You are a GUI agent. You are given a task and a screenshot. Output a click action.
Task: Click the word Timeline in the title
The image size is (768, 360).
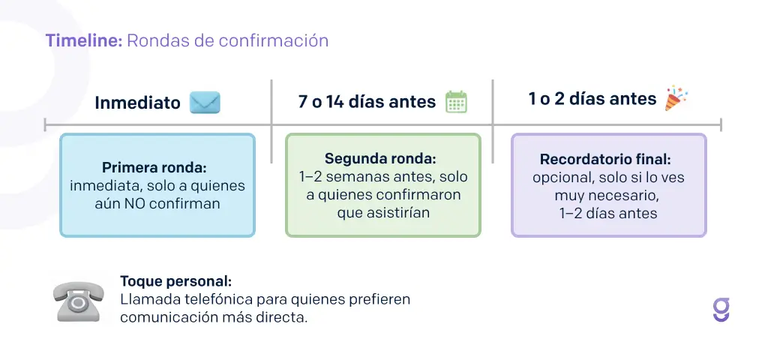point(83,40)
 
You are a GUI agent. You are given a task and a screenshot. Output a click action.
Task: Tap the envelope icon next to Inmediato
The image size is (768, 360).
point(205,102)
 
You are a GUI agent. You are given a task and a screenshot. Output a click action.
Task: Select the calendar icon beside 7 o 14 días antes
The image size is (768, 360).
point(456,101)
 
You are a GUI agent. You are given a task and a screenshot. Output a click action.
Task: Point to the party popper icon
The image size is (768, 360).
point(676,98)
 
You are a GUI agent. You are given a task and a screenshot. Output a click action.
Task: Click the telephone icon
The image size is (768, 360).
point(79,301)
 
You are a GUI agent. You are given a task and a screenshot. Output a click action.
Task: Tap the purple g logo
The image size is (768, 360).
point(721,310)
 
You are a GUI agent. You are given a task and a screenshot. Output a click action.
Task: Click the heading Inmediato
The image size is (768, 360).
point(137,103)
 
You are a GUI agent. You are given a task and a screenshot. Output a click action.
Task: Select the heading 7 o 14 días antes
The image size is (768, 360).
point(367,101)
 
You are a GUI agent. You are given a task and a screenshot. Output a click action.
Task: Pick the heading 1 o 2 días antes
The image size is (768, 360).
point(592,99)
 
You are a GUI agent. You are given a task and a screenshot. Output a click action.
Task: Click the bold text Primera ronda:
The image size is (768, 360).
point(157,167)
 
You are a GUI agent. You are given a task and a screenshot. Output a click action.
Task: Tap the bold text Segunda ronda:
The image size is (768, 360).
point(380,160)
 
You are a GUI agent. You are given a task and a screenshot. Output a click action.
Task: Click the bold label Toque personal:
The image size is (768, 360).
point(175,282)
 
